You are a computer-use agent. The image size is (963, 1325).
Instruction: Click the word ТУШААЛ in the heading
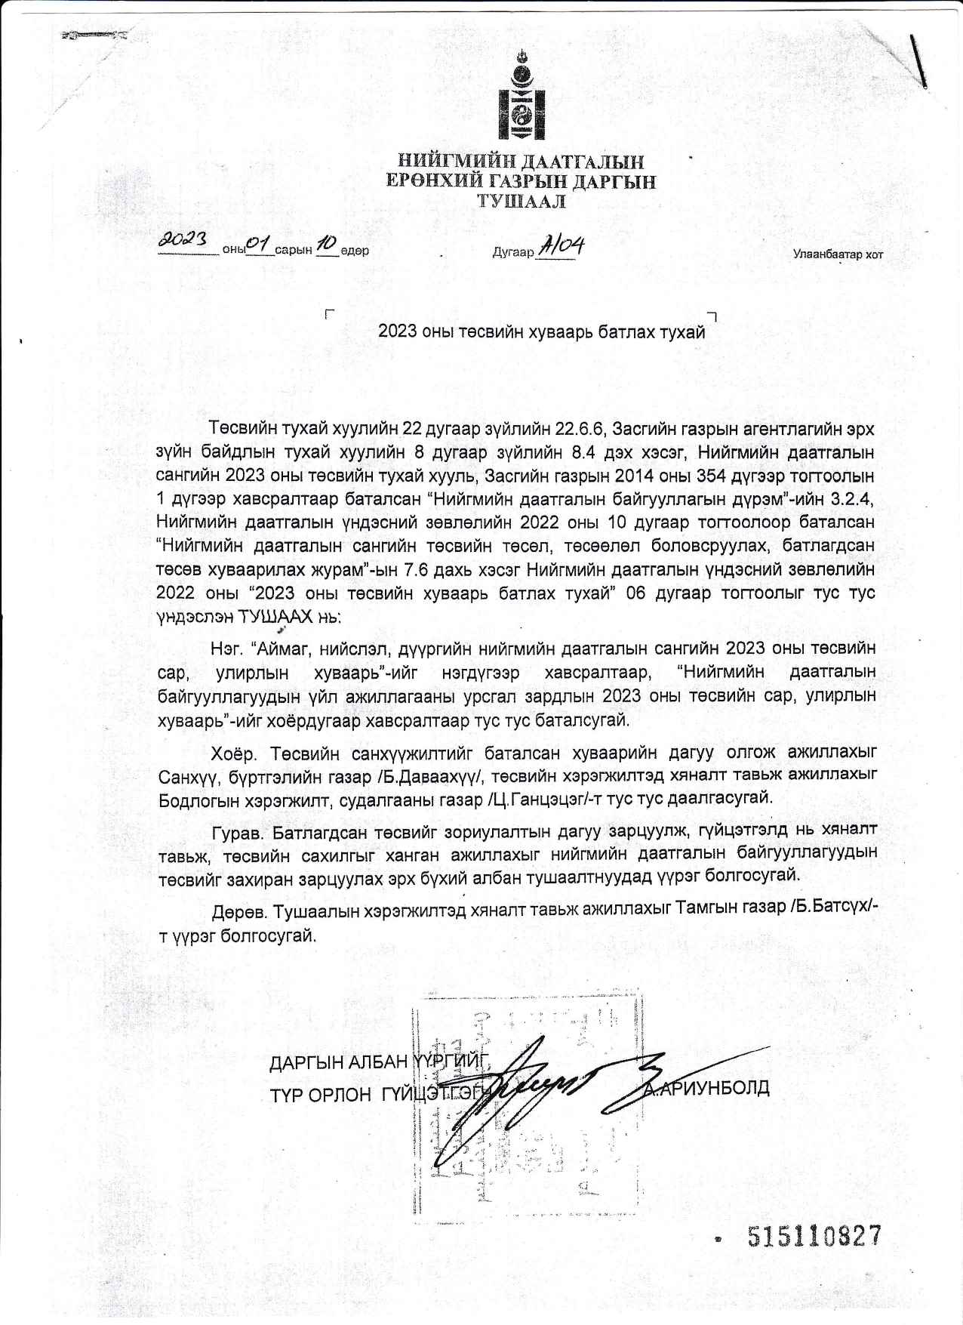point(520,201)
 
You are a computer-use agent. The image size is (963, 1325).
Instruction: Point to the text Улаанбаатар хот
point(837,254)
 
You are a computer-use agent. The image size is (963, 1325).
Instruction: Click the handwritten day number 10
point(326,243)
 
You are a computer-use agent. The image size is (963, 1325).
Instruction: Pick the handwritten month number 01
point(259,243)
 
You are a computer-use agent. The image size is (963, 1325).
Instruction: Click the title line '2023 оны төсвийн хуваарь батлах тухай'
point(541,331)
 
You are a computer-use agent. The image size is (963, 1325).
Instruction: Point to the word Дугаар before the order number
point(512,251)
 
